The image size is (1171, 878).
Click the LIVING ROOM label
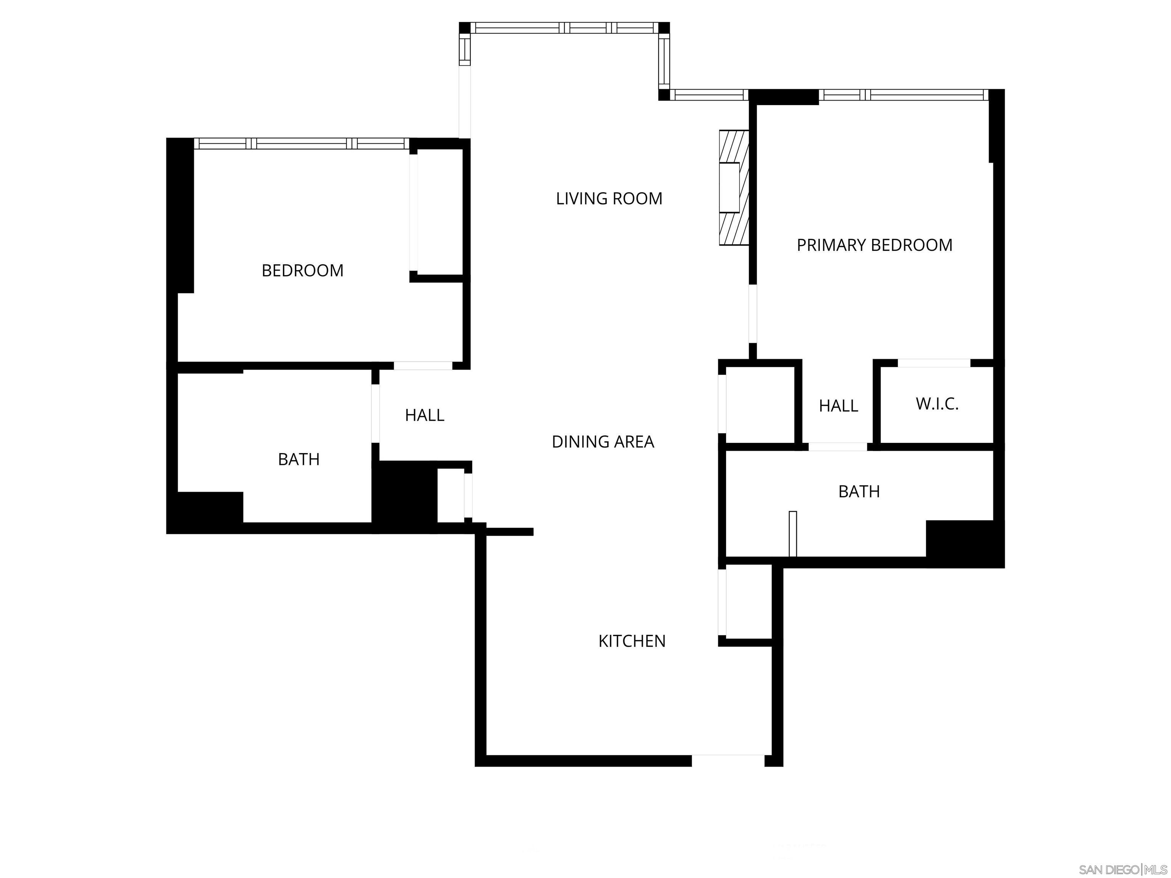[609, 199]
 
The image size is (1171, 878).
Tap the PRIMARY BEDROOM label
[874, 245]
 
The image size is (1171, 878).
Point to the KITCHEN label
[632, 641]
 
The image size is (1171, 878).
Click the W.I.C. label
[937, 404]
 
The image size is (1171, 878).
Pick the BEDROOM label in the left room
[302, 271]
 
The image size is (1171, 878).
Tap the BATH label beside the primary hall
[859, 492]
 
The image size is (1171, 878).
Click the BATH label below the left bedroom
[298, 459]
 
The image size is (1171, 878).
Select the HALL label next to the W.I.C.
[838, 406]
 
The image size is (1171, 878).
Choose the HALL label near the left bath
[424, 415]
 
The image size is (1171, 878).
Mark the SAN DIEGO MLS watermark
[1122, 870]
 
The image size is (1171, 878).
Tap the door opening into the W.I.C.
[934, 363]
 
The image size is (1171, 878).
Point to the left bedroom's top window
[301, 143]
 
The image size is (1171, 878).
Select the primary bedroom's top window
[903, 95]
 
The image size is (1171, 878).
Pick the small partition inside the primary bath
[792, 534]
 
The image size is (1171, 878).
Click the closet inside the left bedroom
[440, 212]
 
